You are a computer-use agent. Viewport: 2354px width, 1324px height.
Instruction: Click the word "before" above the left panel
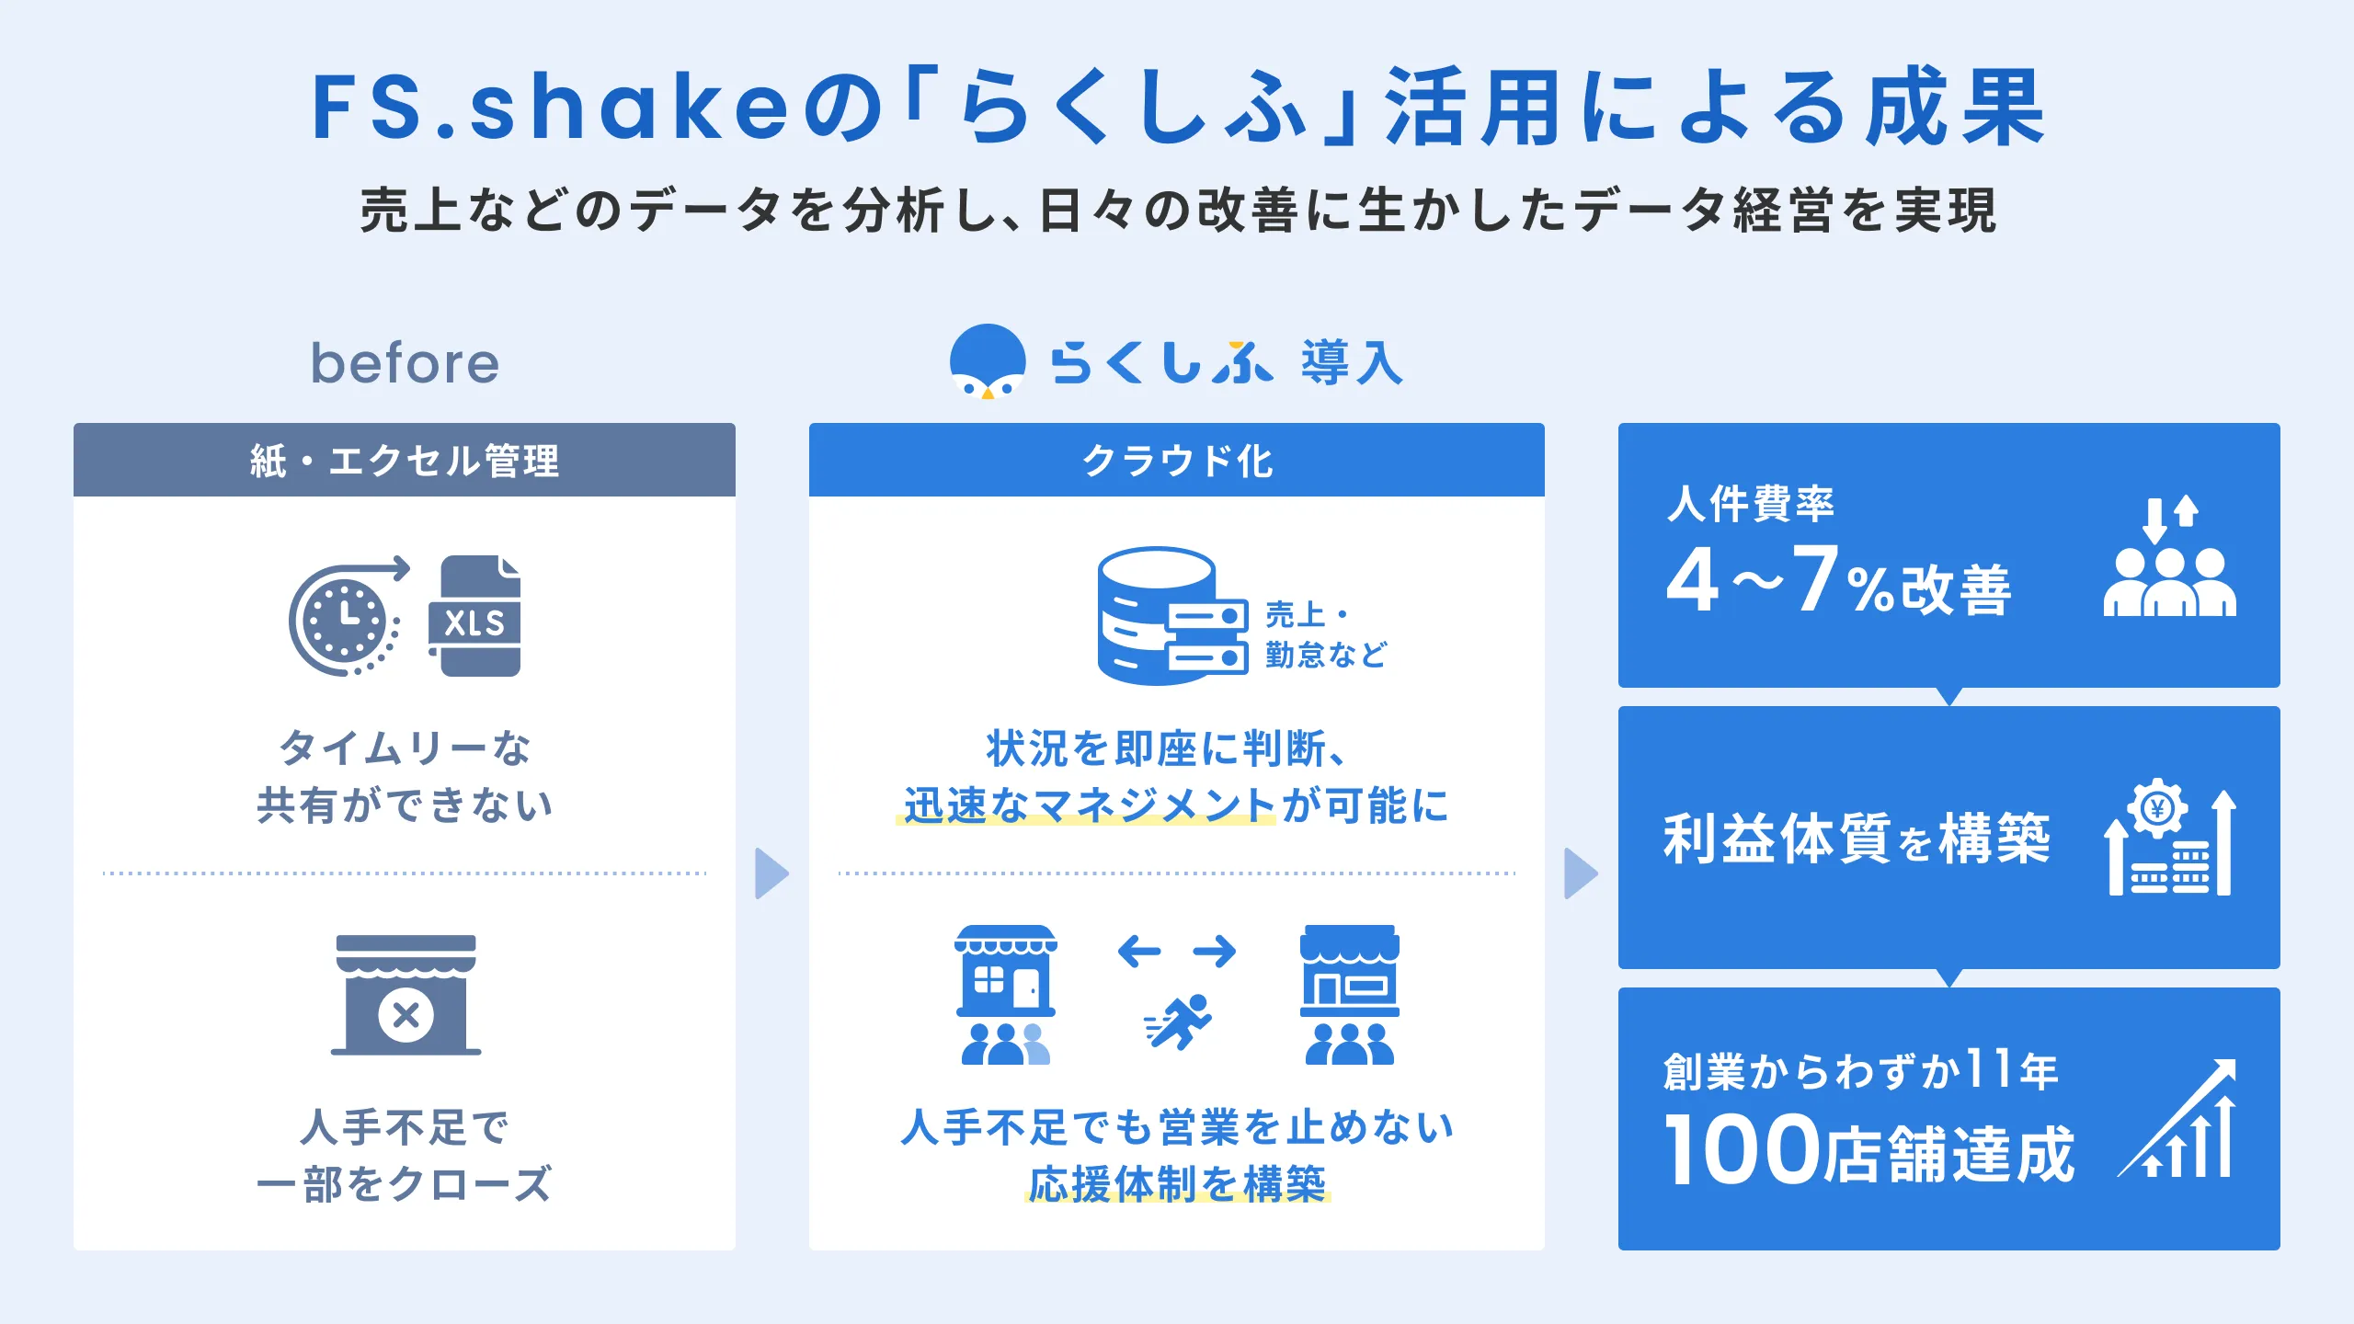click(405, 363)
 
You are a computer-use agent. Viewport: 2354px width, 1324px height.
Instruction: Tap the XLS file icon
click(475, 617)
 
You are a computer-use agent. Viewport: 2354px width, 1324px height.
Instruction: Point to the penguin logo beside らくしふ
click(988, 361)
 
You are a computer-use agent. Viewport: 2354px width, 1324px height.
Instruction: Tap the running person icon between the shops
click(1178, 1021)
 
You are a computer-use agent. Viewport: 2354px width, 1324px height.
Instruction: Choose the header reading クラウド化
click(1177, 461)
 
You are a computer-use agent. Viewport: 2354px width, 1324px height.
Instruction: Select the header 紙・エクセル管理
click(405, 461)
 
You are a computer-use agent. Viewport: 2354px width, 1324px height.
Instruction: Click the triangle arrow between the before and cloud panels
click(771, 873)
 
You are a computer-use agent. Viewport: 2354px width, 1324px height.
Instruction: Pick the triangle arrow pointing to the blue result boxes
click(1581, 873)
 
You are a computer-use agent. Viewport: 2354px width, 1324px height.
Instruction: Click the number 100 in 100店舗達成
click(1741, 1149)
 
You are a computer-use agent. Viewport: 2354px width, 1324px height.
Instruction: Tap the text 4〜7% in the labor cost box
click(1775, 582)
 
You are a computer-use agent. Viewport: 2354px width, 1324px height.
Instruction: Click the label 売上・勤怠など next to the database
click(1324, 634)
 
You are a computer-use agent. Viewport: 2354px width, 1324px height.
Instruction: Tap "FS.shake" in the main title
click(550, 108)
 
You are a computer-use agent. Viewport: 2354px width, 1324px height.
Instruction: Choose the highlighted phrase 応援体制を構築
click(1177, 1183)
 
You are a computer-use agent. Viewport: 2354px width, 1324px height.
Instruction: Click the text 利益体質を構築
click(1856, 839)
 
